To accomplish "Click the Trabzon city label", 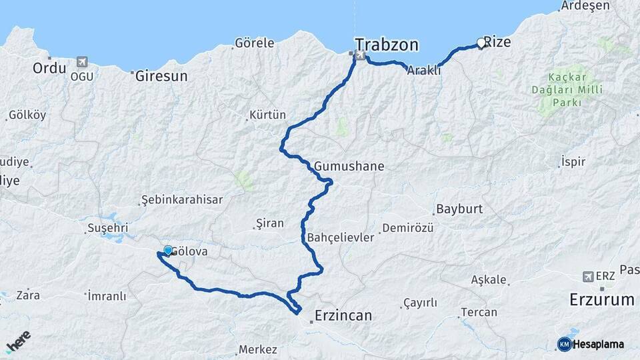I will [x=387, y=45].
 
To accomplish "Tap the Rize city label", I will [x=497, y=43].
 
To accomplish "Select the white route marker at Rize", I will [x=481, y=43].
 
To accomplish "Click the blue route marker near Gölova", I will [x=168, y=251].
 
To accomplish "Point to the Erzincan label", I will [x=343, y=315].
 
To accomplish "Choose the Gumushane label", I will [x=349, y=166].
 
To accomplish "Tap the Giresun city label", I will [x=161, y=76].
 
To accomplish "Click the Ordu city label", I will [x=49, y=68].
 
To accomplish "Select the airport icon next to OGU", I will [x=82, y=62].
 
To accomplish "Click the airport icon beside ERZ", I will [x=587, y=276].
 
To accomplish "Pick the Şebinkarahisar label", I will [x=182, y=199].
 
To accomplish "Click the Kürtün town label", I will [x=267, y=115].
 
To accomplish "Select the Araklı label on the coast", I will [x=424, y=70].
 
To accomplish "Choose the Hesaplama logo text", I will [x=599, y=344].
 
